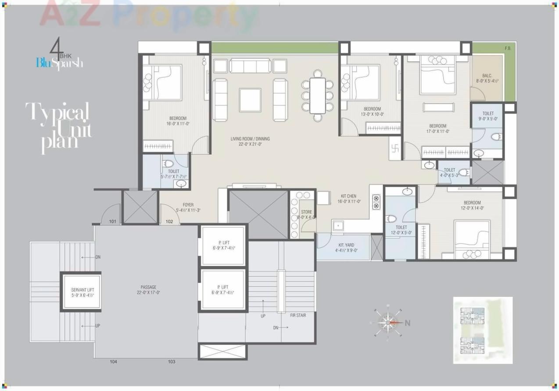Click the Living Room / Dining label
coord(250,141)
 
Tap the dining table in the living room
coord(317,95)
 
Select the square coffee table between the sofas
coord(250,100)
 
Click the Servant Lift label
coord(82,292)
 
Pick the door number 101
coord(113,221)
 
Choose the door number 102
coord(169,221)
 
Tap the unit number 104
coord(113,362)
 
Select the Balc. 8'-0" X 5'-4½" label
coord(487,78)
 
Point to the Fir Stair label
coord(298,315)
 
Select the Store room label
coord(306,214)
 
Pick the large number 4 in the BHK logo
coord(55,46)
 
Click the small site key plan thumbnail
coord(482,330)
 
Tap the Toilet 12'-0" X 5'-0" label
coord(401,230)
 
